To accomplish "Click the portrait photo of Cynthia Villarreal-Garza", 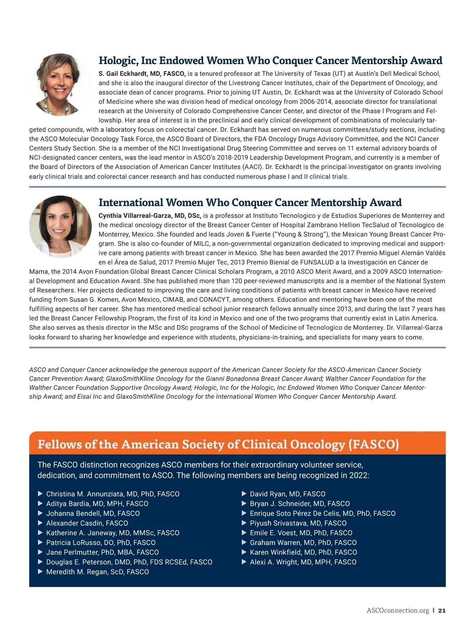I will coord(60,226).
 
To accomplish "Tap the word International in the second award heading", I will coord(131,203).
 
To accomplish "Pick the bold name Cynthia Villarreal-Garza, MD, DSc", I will coord(150,216).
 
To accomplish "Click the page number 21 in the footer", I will coord(442,610).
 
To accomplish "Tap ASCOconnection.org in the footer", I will coord(398,610).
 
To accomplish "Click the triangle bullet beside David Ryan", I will coord(244,494).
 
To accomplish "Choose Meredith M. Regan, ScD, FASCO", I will coord(97,572).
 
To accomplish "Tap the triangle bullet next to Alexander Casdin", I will coord(40,523).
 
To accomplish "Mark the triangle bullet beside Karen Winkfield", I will coord(244,552).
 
